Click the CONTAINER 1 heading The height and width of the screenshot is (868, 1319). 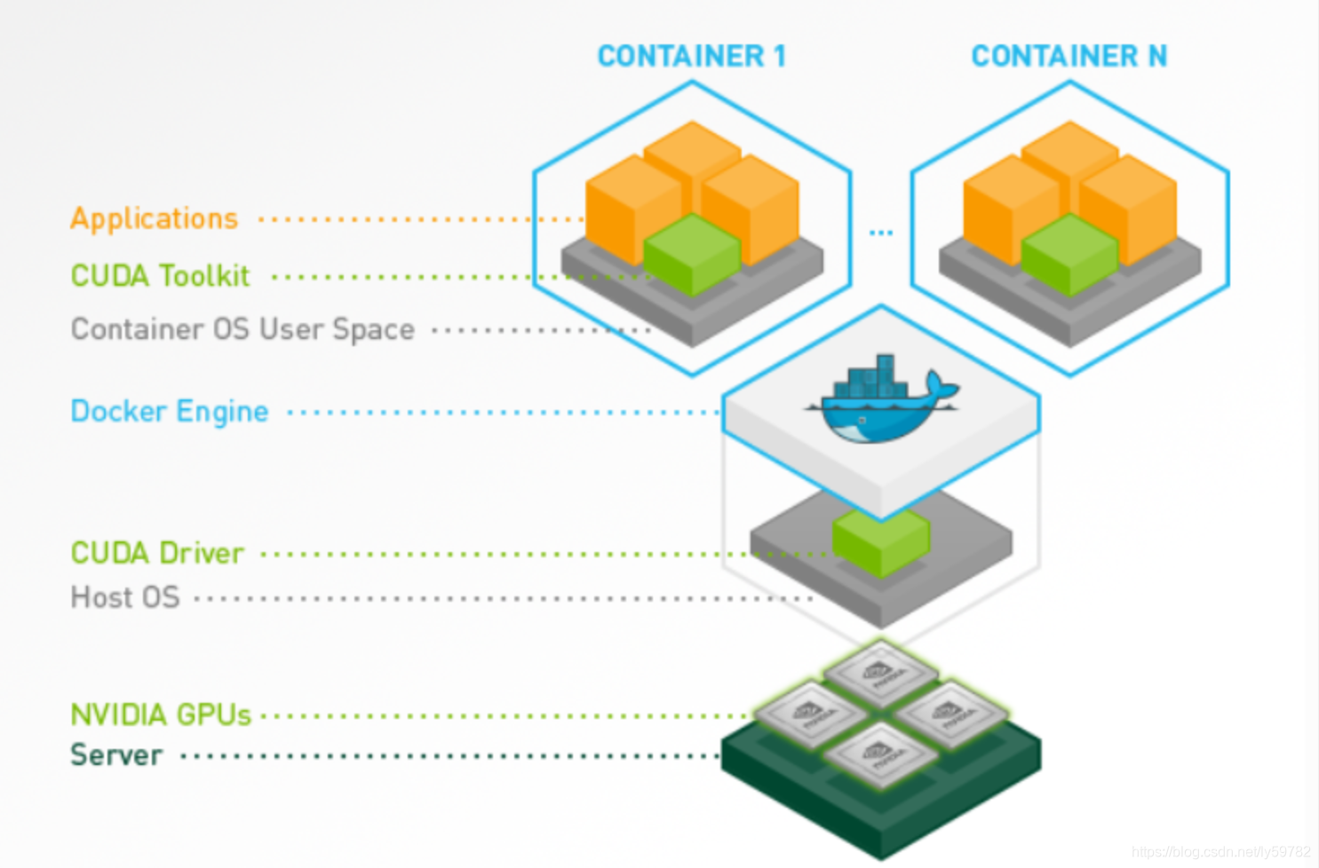691,57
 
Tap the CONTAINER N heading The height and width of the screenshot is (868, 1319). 1069,57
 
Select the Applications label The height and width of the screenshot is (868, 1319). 154,218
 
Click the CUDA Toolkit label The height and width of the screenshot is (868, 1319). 160,276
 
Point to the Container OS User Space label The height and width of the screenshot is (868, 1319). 242,329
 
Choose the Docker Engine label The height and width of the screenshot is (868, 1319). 169,412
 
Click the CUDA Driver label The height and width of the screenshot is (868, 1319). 156,553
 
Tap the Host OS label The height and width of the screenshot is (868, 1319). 124,597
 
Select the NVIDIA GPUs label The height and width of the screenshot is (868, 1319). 161,714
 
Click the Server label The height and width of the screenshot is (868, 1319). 116,755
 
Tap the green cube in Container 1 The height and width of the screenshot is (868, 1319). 691,253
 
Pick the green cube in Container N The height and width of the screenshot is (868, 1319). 1069,253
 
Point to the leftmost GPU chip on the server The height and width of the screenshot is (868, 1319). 810,713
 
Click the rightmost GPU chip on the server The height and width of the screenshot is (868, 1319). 950,713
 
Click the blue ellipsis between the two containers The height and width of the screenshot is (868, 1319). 880,233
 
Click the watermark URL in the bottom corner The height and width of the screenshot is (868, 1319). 1220,852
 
